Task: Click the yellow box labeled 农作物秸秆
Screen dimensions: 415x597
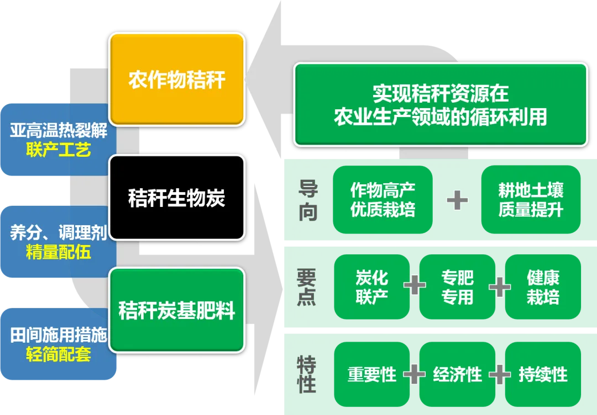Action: click(177, 79)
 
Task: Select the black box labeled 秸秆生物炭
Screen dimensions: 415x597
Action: click(177, 198)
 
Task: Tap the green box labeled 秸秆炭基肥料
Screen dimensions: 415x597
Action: click(177, 311)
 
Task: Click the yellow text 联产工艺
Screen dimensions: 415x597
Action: click(58, 150)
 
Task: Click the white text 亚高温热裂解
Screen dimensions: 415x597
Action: click(58, 131)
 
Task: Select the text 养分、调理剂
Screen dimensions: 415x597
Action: click(58, 233)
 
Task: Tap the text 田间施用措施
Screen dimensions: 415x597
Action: click(58, 335)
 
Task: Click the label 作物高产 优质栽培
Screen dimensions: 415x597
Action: click(383, 200)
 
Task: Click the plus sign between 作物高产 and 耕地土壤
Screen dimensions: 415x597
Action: click(457, 199)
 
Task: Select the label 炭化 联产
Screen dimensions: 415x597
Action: click(371, 287)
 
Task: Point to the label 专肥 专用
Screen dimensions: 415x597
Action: click(457, 287)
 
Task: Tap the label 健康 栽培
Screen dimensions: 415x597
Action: click(543, 287)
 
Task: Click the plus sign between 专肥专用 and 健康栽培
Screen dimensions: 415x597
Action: click(500, 287)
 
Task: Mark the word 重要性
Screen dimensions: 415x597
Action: click(371, 375)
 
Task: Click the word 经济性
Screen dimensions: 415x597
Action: click(457, 375)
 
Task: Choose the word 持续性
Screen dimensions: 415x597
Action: click(543, 375)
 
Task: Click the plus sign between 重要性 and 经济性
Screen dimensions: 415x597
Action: click(414, 375)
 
